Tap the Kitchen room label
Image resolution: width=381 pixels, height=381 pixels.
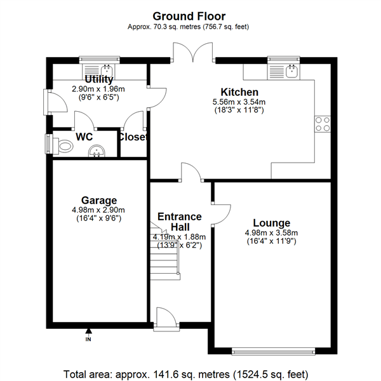click(239, 92)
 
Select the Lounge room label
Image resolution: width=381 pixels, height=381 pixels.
click(271, 223)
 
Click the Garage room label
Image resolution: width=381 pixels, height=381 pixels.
click(98, 201)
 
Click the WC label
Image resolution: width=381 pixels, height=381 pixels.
click(84, 136)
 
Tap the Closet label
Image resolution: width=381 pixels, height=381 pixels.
click(133, 137)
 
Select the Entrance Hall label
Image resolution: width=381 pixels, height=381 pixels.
click(179, 222)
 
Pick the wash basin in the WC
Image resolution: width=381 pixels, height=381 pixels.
click(97, 150)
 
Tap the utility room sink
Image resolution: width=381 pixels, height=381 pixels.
click(107, 70)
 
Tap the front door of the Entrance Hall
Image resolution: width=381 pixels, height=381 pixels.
click(163, 319)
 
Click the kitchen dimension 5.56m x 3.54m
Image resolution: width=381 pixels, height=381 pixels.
click(239, 102)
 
